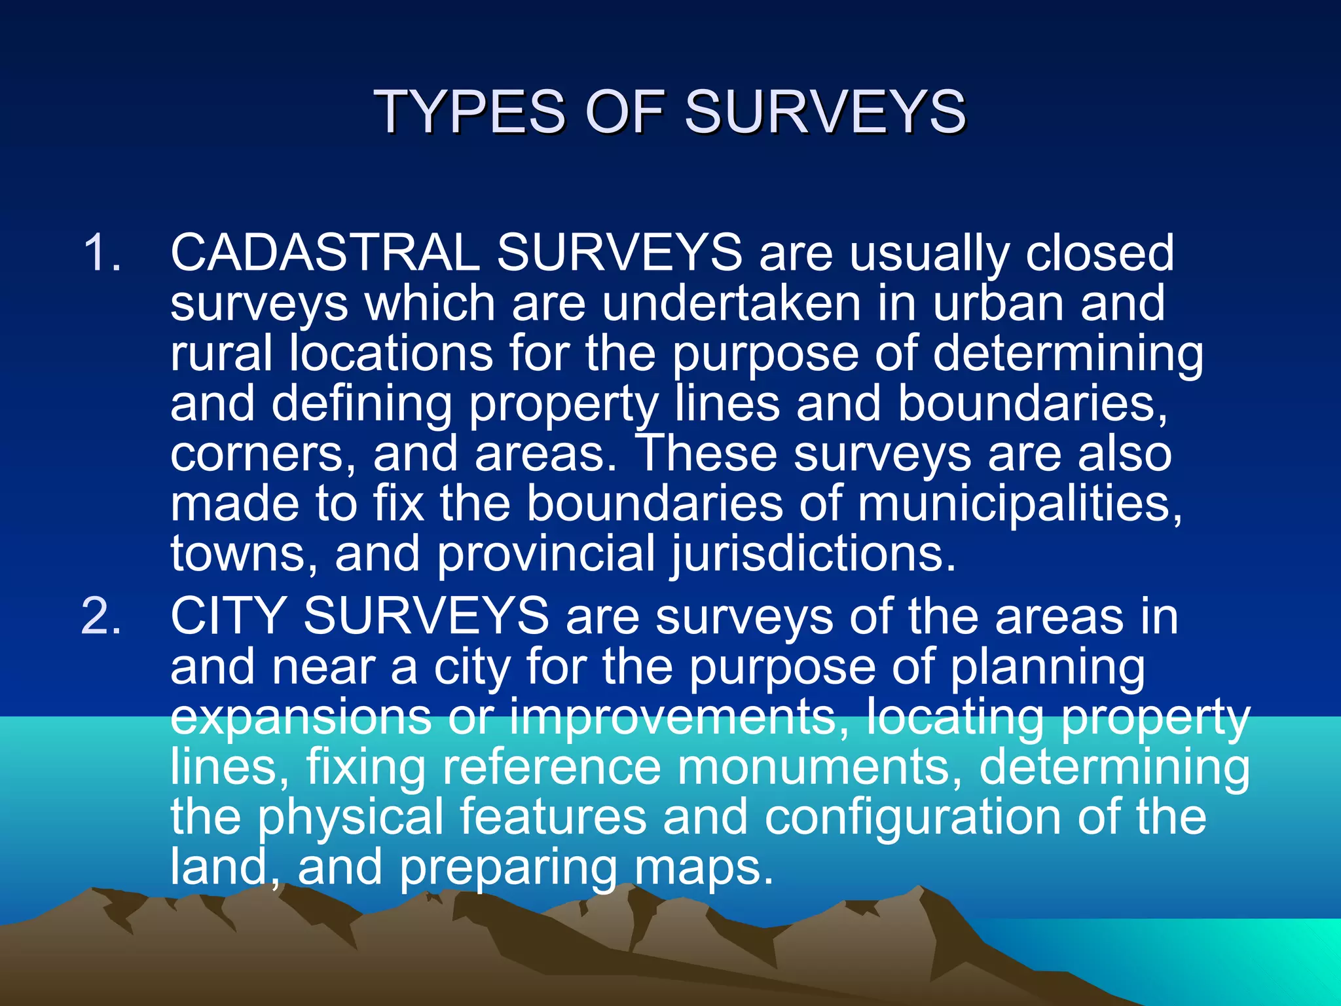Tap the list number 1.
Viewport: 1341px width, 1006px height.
point(101,253)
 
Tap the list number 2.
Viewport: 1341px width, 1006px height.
point(101,617)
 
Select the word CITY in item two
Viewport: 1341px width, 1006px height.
point(228,617)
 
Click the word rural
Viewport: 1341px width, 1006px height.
point(221,354)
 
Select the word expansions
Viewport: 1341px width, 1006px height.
point(301,718)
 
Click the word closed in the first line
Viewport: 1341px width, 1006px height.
point(1099,253)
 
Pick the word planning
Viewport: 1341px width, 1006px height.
point(1047,668)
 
